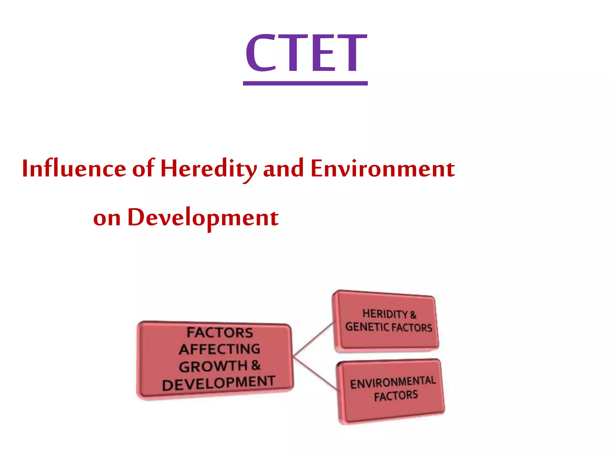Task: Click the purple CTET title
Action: click(x=305, y=53)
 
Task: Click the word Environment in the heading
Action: click(x=382, y=169)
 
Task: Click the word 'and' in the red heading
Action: click(x=283, y=169)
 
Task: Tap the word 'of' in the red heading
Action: click(x=143, y=169)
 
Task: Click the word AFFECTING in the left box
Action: click(x=220, y=349)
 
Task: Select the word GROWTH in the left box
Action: click(x=213, y=366)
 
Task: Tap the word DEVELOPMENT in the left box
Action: click(x=218, y=383)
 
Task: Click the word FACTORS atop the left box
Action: click(x=220, y=332)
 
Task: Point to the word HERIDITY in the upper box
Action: click(x=385, y=314)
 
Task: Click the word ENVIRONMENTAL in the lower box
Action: click(x=393, y=382)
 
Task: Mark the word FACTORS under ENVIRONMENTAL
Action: click(x=396, y=396)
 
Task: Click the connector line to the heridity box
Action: click(x=313, y=339)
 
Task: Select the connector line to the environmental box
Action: click(x=315, y=374)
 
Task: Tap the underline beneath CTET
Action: click(x=305, y=83)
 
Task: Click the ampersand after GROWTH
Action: click(x=256, y=365)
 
